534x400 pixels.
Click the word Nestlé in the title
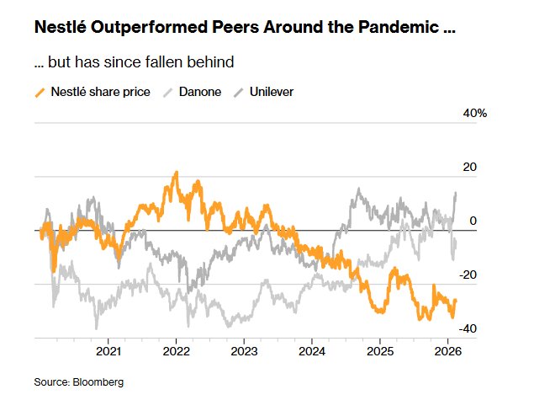tap(61, 27)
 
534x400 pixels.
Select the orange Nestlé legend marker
tap(40, 91)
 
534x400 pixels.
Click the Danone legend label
tap(200, 91)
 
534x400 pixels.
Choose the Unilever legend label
tap(271, 91)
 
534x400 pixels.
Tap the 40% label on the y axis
tap(463, 113)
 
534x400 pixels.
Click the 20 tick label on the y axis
tap(468, 167)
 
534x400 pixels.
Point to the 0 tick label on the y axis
tap(473, 221)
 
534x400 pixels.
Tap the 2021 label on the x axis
tap(108, 350)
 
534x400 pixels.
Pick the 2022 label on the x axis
tap(176, 350)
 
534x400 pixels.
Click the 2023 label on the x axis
tap(244, 350)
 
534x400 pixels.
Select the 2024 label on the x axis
tap(311, 350)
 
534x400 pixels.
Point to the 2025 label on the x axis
tap(379, 350)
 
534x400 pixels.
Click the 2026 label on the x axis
tap(447, 350)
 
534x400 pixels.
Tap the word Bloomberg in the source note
tap(98, 382)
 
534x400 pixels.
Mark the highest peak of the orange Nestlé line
tap(176, 173)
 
